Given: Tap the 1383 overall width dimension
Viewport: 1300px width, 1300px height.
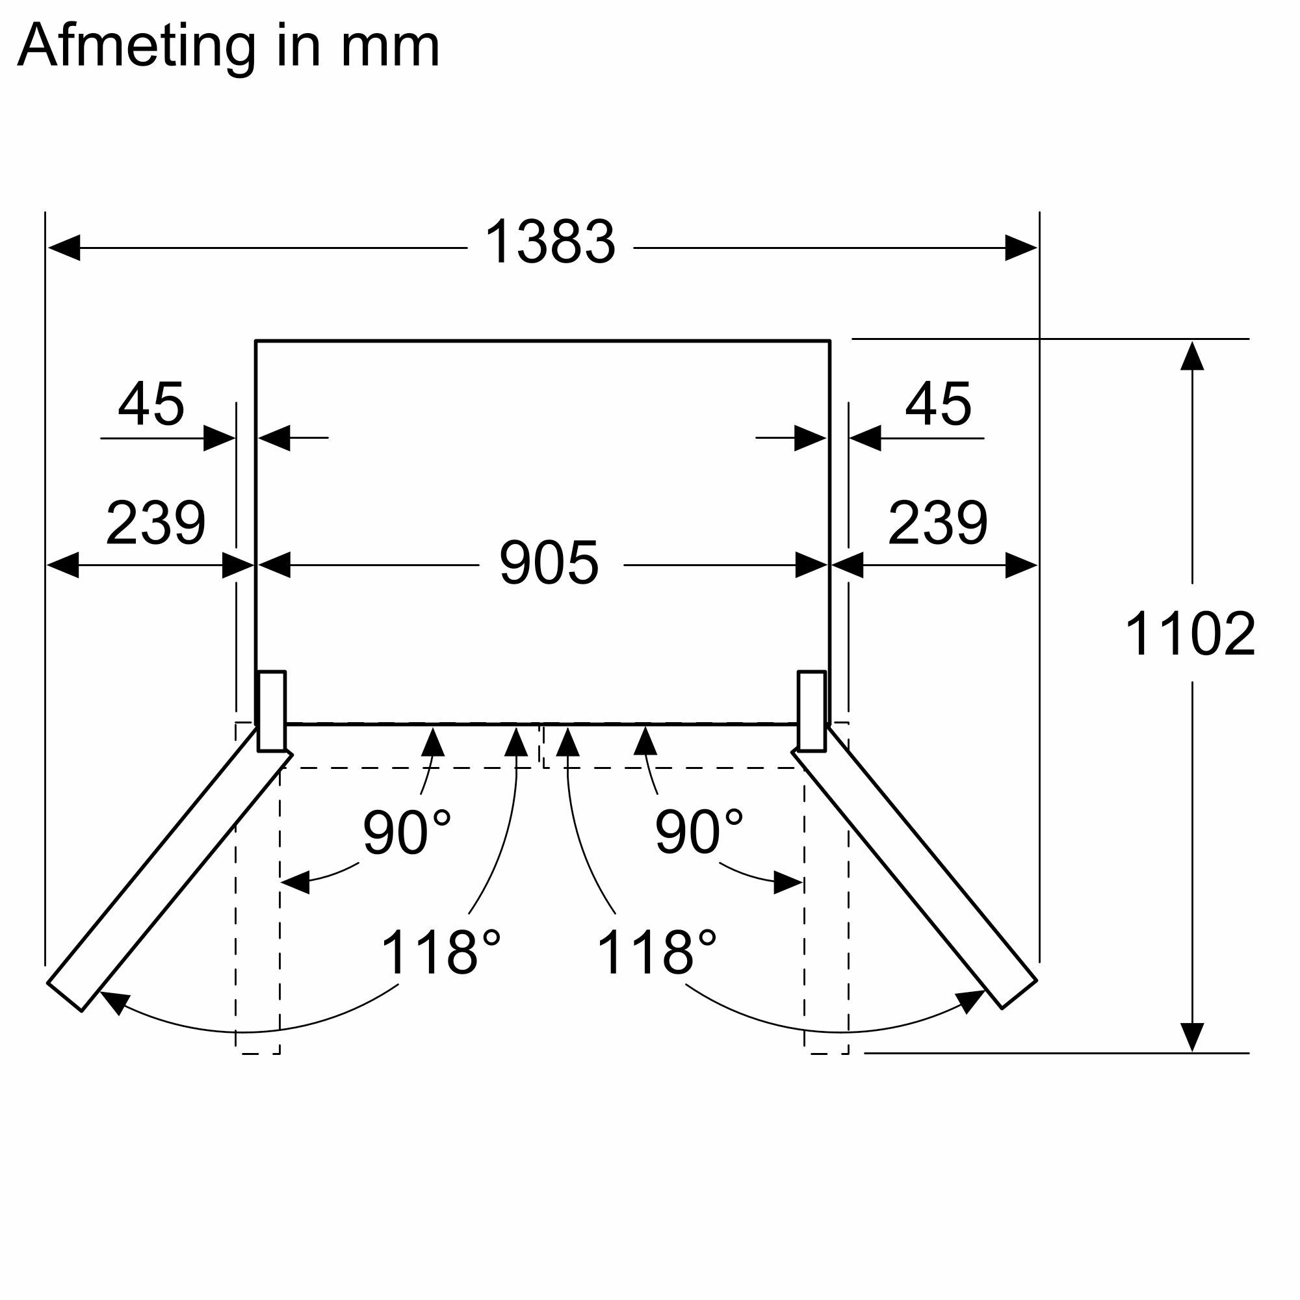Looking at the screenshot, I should tap(549, 242).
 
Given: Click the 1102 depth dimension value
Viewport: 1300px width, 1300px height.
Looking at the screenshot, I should tap(1189, 634).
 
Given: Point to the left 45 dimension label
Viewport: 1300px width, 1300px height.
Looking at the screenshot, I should tap(151, 404).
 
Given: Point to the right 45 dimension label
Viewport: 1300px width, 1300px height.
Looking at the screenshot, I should tap(938, 404).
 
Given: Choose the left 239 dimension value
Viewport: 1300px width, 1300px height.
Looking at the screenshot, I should tap(155, 523).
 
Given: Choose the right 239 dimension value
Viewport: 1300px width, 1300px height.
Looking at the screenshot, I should tap(937, 523).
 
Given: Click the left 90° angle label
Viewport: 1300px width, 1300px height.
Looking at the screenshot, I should tap(406, 833).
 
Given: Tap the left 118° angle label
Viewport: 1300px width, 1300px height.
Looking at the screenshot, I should tap(441, 952).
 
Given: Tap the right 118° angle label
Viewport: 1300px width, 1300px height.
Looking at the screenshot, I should tap(656, 952).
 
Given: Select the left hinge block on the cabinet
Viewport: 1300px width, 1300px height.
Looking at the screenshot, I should tap(272, 710).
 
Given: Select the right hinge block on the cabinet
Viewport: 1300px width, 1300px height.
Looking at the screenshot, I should tap(811, 710).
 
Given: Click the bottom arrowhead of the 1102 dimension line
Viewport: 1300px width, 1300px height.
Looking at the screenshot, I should tap(1191, 1037).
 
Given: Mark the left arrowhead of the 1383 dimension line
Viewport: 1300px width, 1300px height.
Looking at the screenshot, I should tap(64, 248).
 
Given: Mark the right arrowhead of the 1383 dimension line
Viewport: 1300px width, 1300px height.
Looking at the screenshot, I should tap(1020, 248).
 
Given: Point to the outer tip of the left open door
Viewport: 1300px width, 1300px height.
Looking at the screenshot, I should tap(64, 996).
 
